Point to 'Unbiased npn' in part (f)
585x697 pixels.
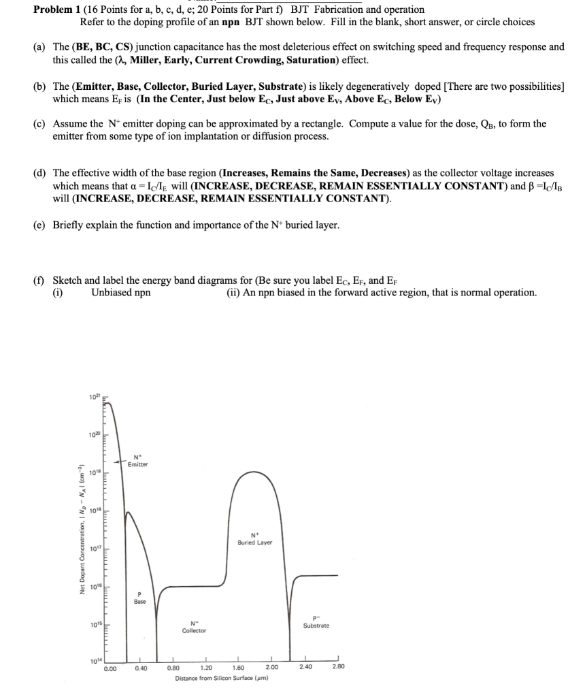click(120, 292)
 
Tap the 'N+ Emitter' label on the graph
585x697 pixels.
click(137, 461)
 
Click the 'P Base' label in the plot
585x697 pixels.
click(139, 598)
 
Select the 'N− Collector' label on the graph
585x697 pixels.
click(193, 626)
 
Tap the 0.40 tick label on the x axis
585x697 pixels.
click(141, 668)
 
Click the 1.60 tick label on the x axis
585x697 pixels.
click(239, 668)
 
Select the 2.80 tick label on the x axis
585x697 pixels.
click(338, 668)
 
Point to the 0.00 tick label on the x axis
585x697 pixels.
click(110, 668)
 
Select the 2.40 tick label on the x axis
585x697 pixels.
click(305, 668)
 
